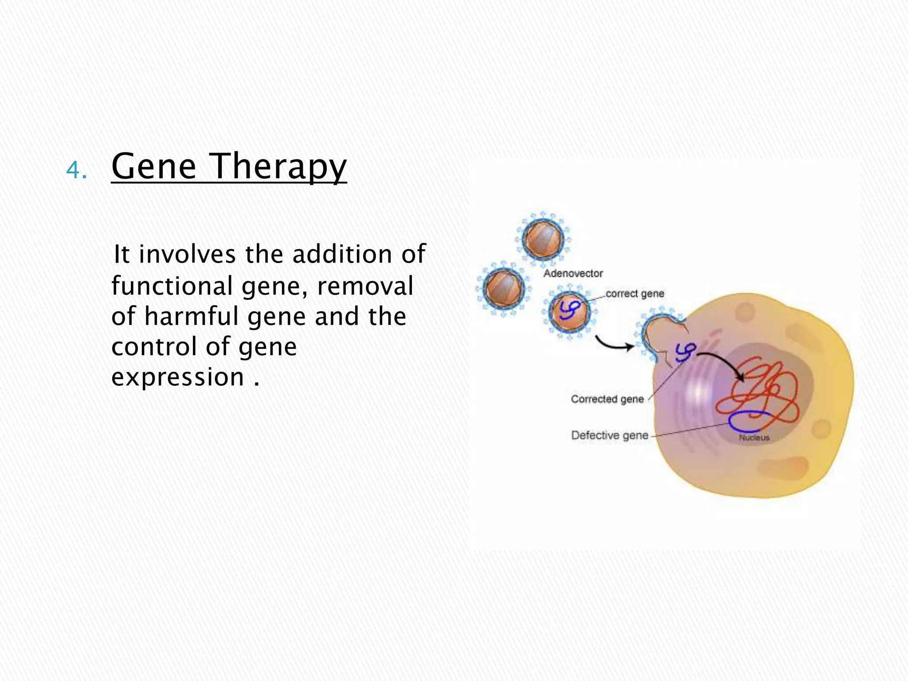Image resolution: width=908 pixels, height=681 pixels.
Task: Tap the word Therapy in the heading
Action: point(278,167)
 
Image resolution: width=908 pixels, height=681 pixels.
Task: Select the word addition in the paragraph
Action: point(342,254)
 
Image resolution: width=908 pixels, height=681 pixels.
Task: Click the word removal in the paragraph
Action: point(365,286)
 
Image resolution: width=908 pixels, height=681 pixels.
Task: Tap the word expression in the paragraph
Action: point(178,378)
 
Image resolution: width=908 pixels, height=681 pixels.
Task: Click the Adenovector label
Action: point(573,274)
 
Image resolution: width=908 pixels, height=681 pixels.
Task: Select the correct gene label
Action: point(634,294)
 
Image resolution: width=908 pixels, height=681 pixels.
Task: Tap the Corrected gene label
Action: point(607,399)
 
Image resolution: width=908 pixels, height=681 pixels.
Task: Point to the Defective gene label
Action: point(610,435)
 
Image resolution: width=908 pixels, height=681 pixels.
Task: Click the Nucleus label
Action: point(754,438)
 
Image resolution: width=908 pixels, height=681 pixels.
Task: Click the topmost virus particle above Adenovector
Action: point(543,239)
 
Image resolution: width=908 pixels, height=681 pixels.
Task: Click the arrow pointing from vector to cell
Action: point(614,344)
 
